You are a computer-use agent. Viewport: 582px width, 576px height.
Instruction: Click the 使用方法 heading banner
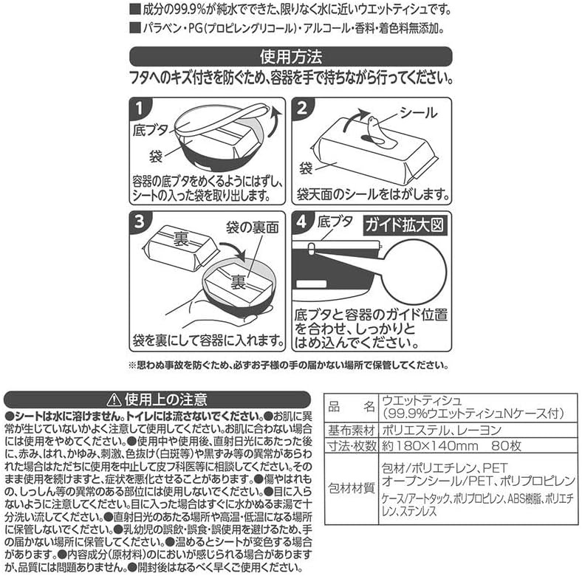(290, 56)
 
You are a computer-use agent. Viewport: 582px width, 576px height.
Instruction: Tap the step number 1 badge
(139, 109)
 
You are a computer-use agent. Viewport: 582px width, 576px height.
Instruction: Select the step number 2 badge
(302, 109)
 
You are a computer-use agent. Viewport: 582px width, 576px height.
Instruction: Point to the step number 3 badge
(139, 222)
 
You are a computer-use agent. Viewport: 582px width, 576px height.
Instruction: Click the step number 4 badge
(302, 222)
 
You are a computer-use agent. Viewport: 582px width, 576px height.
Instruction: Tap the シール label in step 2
(418, 113)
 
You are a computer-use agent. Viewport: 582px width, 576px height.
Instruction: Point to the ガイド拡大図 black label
(405, 225)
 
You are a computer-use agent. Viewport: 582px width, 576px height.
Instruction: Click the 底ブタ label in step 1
(151, 130)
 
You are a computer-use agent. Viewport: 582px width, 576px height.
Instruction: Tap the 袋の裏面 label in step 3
(253, 227)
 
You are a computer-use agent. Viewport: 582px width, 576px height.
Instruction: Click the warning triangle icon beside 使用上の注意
(114, 400)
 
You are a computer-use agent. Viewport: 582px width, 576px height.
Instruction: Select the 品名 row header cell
(352, 407)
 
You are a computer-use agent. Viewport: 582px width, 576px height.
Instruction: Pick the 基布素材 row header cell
(352, 431)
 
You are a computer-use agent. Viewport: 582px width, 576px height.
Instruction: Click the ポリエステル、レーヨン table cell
(442, 431)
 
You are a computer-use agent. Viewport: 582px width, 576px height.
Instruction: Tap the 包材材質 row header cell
(352, 488)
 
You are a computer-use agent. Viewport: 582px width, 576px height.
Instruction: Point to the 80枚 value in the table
(506, 446)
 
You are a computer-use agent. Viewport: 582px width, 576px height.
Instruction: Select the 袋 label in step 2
(306, 168)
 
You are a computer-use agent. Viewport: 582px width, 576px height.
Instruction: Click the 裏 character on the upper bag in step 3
(181, 239)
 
